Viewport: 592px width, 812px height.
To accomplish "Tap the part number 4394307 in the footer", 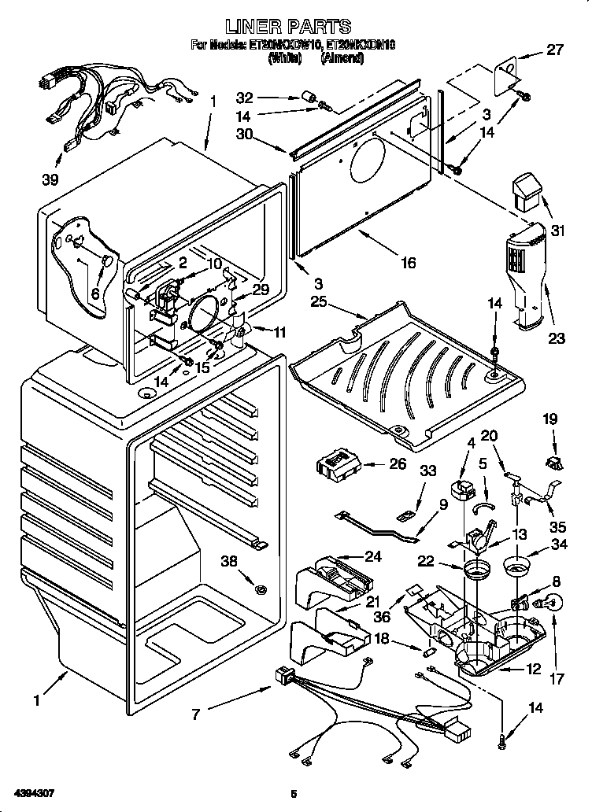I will coord(35,792).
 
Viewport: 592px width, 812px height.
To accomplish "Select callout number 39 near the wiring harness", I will coord(50,179).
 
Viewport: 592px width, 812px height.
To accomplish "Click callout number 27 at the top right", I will coord(555,50).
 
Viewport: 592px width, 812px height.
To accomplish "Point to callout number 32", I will coord(245,98).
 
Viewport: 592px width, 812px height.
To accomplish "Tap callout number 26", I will coord(398,464).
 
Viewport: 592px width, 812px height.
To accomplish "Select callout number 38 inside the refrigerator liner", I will coord(229,561).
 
